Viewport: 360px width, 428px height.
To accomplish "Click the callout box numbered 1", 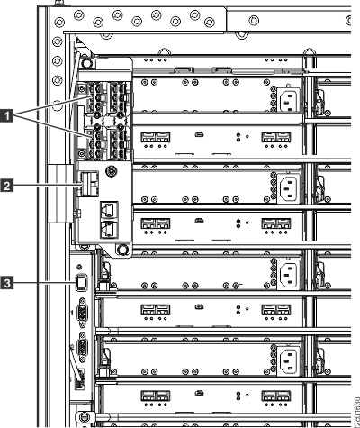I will pos(9,114).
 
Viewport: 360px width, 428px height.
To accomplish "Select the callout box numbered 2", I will pos(9,187).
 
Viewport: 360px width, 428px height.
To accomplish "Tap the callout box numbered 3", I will pos(9,284).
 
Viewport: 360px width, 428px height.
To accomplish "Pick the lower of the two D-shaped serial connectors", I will pos(80,348).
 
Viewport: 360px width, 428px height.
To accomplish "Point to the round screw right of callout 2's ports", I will pos(111,171).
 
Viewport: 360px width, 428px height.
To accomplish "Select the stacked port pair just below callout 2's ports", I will pos(108,215).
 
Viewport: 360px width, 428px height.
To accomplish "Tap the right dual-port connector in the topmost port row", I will pos(273,139).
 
